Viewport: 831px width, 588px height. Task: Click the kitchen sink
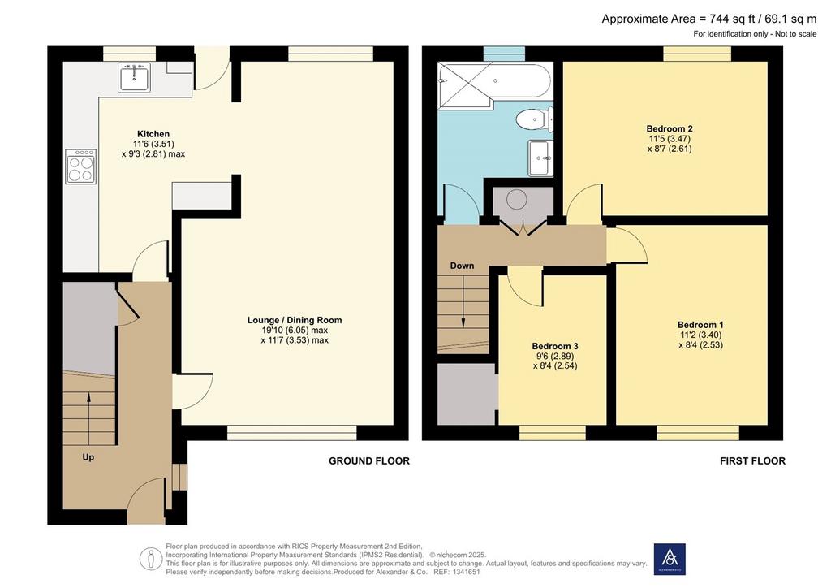coord(134,77)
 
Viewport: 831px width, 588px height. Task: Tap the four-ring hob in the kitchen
coord(80,166)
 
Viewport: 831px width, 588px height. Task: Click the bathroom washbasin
coord(540,158)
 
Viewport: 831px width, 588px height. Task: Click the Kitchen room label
coord(153,134)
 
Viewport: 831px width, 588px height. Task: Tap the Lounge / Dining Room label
coord(295,320)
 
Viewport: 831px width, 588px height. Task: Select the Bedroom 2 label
coord(670,128)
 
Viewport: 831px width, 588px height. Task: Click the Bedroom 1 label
coord(700,325)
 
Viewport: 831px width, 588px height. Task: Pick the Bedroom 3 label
coord(555,346)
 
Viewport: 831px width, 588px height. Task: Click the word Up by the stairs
coord(88,456)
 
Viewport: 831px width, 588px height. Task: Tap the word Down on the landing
coord(462,266)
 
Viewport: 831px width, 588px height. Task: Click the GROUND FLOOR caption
coord(369,460)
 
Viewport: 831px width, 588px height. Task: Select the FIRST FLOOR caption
coord(752,460)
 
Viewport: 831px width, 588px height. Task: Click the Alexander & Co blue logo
coord(670,560)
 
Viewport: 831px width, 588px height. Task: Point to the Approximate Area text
coord(709,19)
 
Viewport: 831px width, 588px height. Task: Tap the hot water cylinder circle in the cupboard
coord(515,199)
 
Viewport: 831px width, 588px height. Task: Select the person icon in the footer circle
coord(150,559)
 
